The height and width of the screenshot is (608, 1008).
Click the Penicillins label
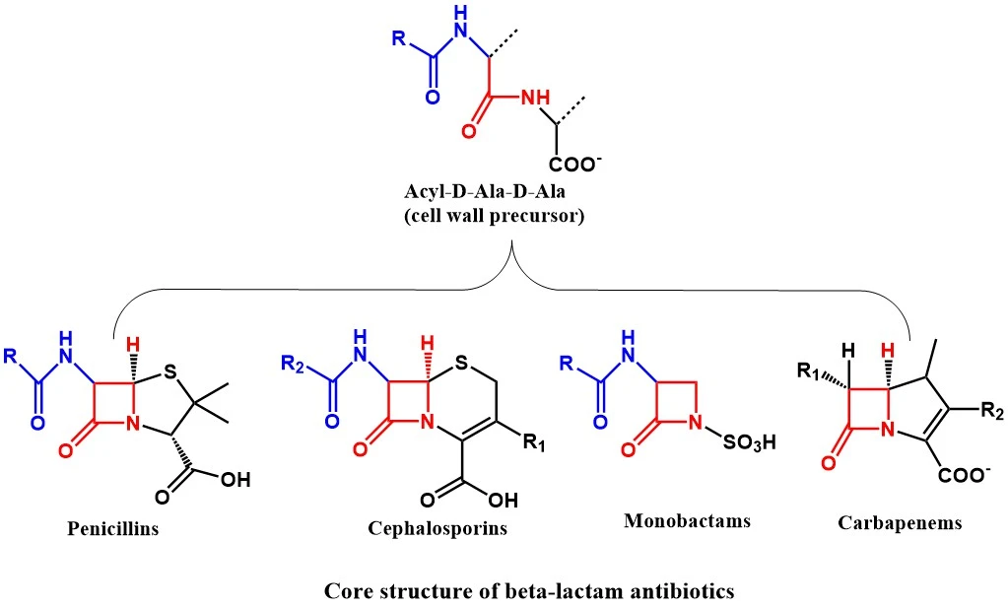(113, 528)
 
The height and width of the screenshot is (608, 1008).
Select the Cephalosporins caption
(437, 528)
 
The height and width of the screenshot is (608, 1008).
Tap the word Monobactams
(687, 520)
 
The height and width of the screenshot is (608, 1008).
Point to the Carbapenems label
(900, 522)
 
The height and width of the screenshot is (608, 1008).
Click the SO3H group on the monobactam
(750, 442)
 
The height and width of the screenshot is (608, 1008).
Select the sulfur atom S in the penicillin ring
(169, 372)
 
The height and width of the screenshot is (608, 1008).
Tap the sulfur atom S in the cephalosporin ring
(461, 364)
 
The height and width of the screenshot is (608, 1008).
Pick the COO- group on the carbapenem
(964, 476)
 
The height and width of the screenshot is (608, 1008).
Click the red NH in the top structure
(535, 98)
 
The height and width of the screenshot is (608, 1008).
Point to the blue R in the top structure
(399, 38)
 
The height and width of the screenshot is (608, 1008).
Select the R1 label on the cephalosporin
(534, 443)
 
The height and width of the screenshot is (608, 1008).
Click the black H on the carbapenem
(848, 350)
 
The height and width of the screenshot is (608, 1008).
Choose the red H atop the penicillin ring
(133, 344)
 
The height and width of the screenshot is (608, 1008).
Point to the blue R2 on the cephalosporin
(294, 364)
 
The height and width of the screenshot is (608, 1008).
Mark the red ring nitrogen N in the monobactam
(695, 423)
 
